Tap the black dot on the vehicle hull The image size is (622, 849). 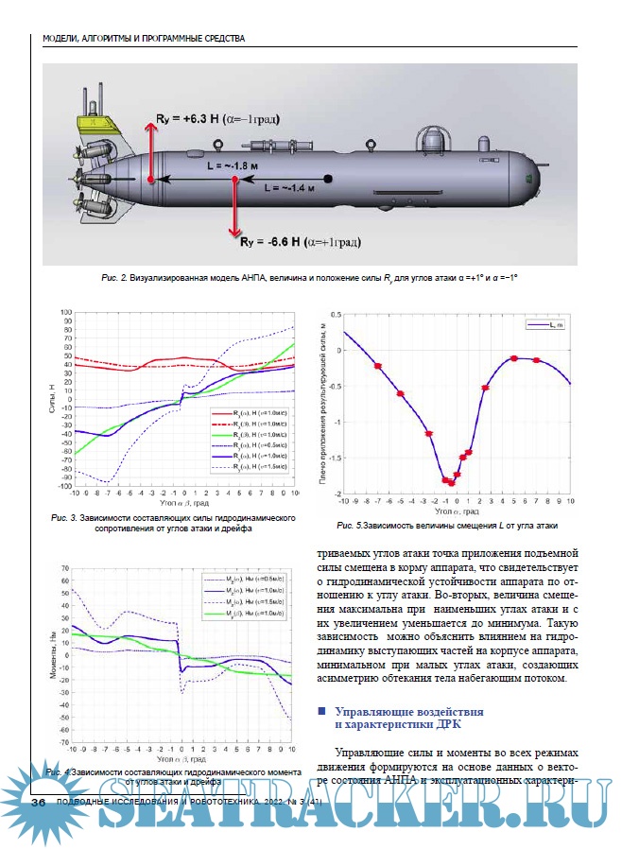click(x=327, y=178)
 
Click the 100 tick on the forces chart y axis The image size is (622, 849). click(x=67, y=312)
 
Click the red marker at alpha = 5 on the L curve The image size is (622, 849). click(x=514, y=358)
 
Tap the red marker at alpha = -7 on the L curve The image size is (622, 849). click(x=377, y=366)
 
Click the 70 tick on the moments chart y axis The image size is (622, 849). click(x=65, y=568)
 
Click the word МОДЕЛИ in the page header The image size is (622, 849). click(x=64, y=39)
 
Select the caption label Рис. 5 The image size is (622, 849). click(x=350, y=524)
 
